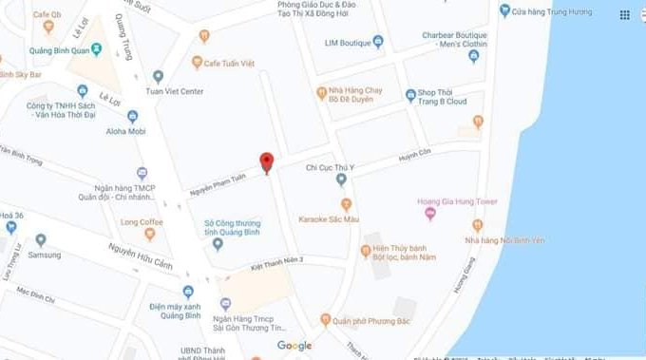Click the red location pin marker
[267, 161]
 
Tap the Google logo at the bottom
[294, 346]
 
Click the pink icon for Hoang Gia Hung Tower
[430, 215]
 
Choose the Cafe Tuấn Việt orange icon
[199, 63]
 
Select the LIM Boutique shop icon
[378, 41]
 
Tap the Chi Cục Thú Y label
[330, 167]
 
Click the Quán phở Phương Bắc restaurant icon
[325, 320]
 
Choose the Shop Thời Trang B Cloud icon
[410, 94]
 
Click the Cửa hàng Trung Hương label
[551, 10]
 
